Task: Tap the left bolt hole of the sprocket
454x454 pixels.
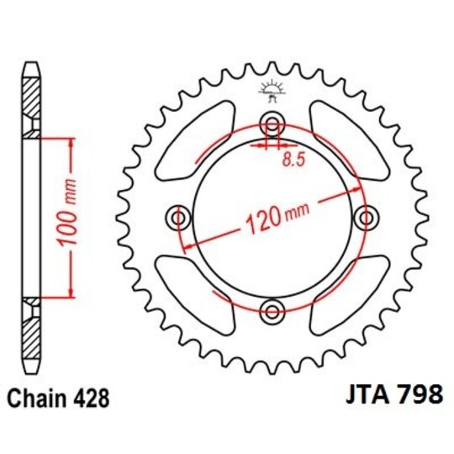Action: pos(178,219)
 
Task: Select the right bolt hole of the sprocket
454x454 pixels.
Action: pos(364,219)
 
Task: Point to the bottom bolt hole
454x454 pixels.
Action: pos(271,311)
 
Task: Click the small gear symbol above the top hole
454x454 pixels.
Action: pos(271,87)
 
